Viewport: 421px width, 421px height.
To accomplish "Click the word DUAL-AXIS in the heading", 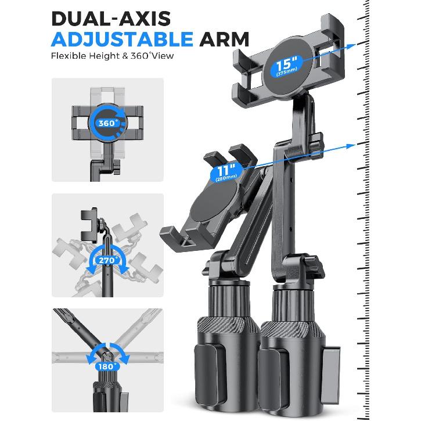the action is pyautogui.click(x=111, y=19).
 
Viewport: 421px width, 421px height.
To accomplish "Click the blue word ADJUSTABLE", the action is pyautogui.click(x=122, y=39).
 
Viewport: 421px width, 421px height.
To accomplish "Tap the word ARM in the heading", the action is pyautogui.click(x=224, y=39).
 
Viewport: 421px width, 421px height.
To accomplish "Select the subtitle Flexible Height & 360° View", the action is pyautogui.click(x=112, y=56).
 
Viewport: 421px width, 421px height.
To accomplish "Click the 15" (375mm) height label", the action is pyautogui.click(x=286, y=66).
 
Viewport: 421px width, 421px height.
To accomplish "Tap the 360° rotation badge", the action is pyautogui.click(x=107, y=123).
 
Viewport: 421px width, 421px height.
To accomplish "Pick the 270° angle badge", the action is pyautogui.click(x=107, y=260).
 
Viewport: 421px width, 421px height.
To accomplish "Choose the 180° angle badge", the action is pyautogui.click(x=107, y=366).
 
